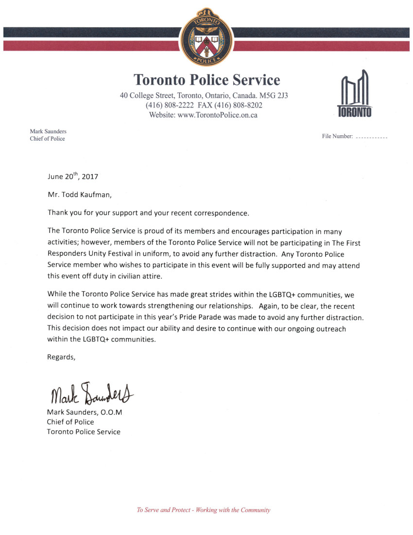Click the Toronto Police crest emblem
pos(206,38)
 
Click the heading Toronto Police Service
pos(206,80)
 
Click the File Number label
pos(337,137)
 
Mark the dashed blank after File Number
pos(372,138)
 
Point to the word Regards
pos(61,357)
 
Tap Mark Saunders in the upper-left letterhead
pos(48,131)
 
